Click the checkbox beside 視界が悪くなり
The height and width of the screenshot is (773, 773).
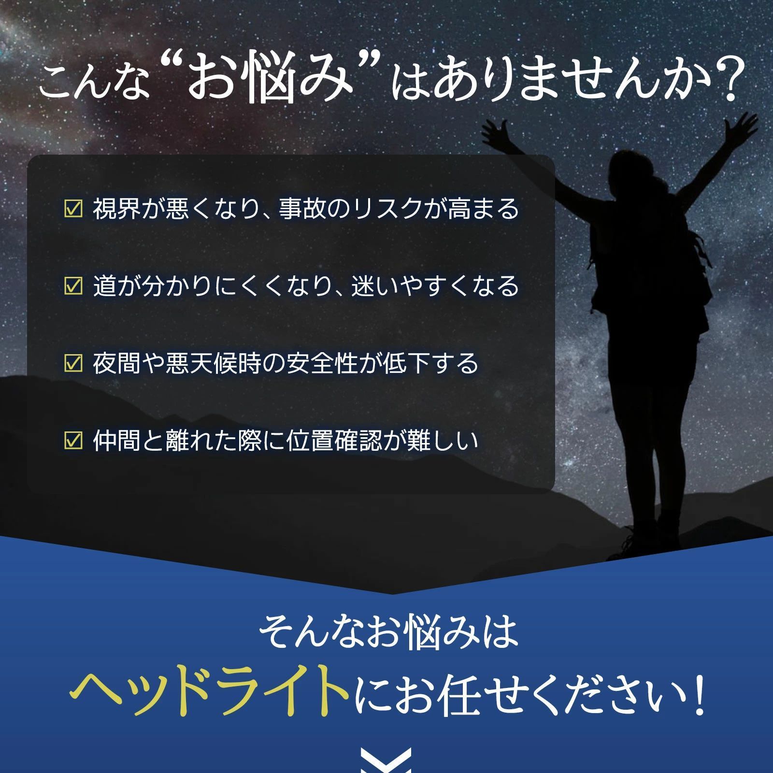[x=73, y=209]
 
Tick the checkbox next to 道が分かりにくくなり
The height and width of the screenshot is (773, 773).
[x=73, y=286]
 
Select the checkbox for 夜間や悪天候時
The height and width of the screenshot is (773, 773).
[x=73, y=363]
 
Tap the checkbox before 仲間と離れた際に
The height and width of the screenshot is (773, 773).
[x=73, y=441]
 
